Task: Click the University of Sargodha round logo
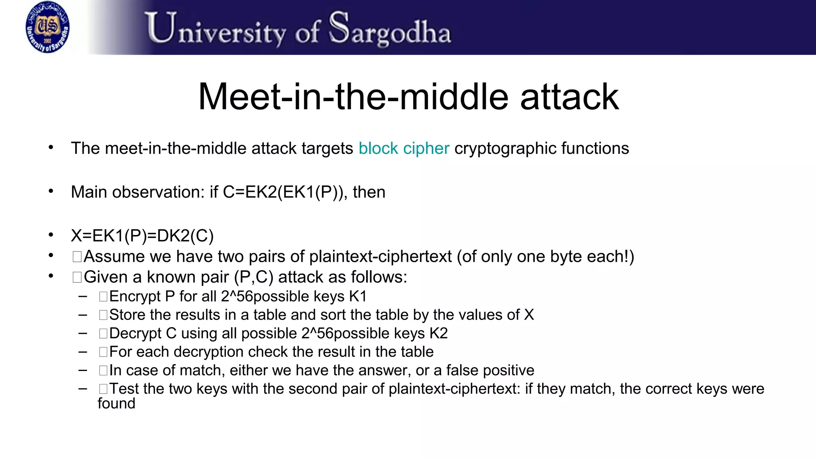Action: click(47, 27)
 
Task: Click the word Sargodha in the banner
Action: click(390, 29)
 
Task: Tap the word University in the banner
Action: click(216, 29)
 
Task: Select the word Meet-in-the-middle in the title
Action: click(353, 97)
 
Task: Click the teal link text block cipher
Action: click(404, 149)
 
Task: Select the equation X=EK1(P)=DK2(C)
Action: click(142, 236)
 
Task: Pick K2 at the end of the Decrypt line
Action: click(438, 333)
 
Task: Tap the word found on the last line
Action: click(116, 404)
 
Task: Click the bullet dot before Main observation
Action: click(51, 191)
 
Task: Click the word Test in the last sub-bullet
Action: click(124, 389)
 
